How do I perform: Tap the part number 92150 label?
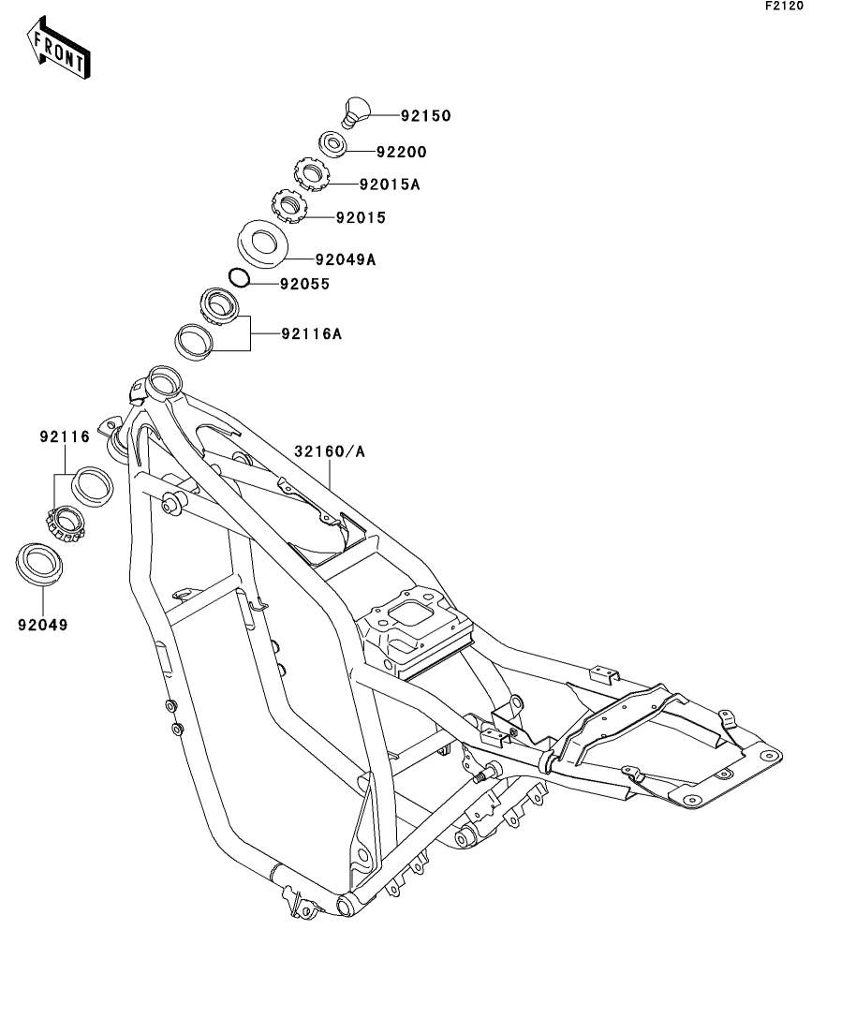pyautogui.click(x=425, y=117)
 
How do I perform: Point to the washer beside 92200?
pyautogui.click(x=333, y=144)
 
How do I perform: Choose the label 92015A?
pyautogui.click(x=389, y=184)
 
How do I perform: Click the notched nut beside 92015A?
pyautogui.click(x=308, y=173)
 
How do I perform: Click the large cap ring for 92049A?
pyautogui.click(x=262, y=243)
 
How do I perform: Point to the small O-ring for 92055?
pyautogui.click(x=239, y=277)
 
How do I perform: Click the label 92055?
pyautogui.click(x=303, y=284)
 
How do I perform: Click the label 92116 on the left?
pyautogui.click(x=64, y=436)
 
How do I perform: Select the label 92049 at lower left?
pyautogui.click(x=43, y=622)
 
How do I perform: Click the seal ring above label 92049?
pyautogui.click(x=42, y=564)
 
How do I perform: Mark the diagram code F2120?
pyautogui.click(x=784, y=7)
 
